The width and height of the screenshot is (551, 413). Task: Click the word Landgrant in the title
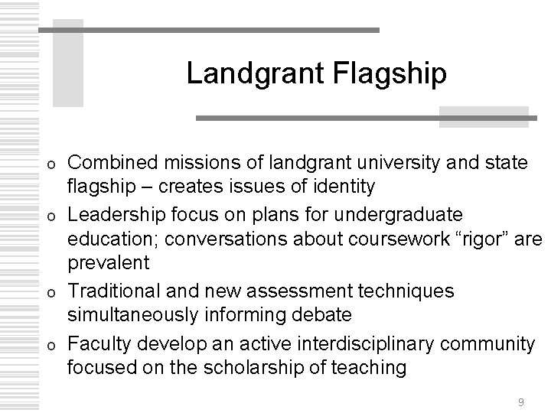point(244,73)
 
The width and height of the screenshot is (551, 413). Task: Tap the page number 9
point(521,402)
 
